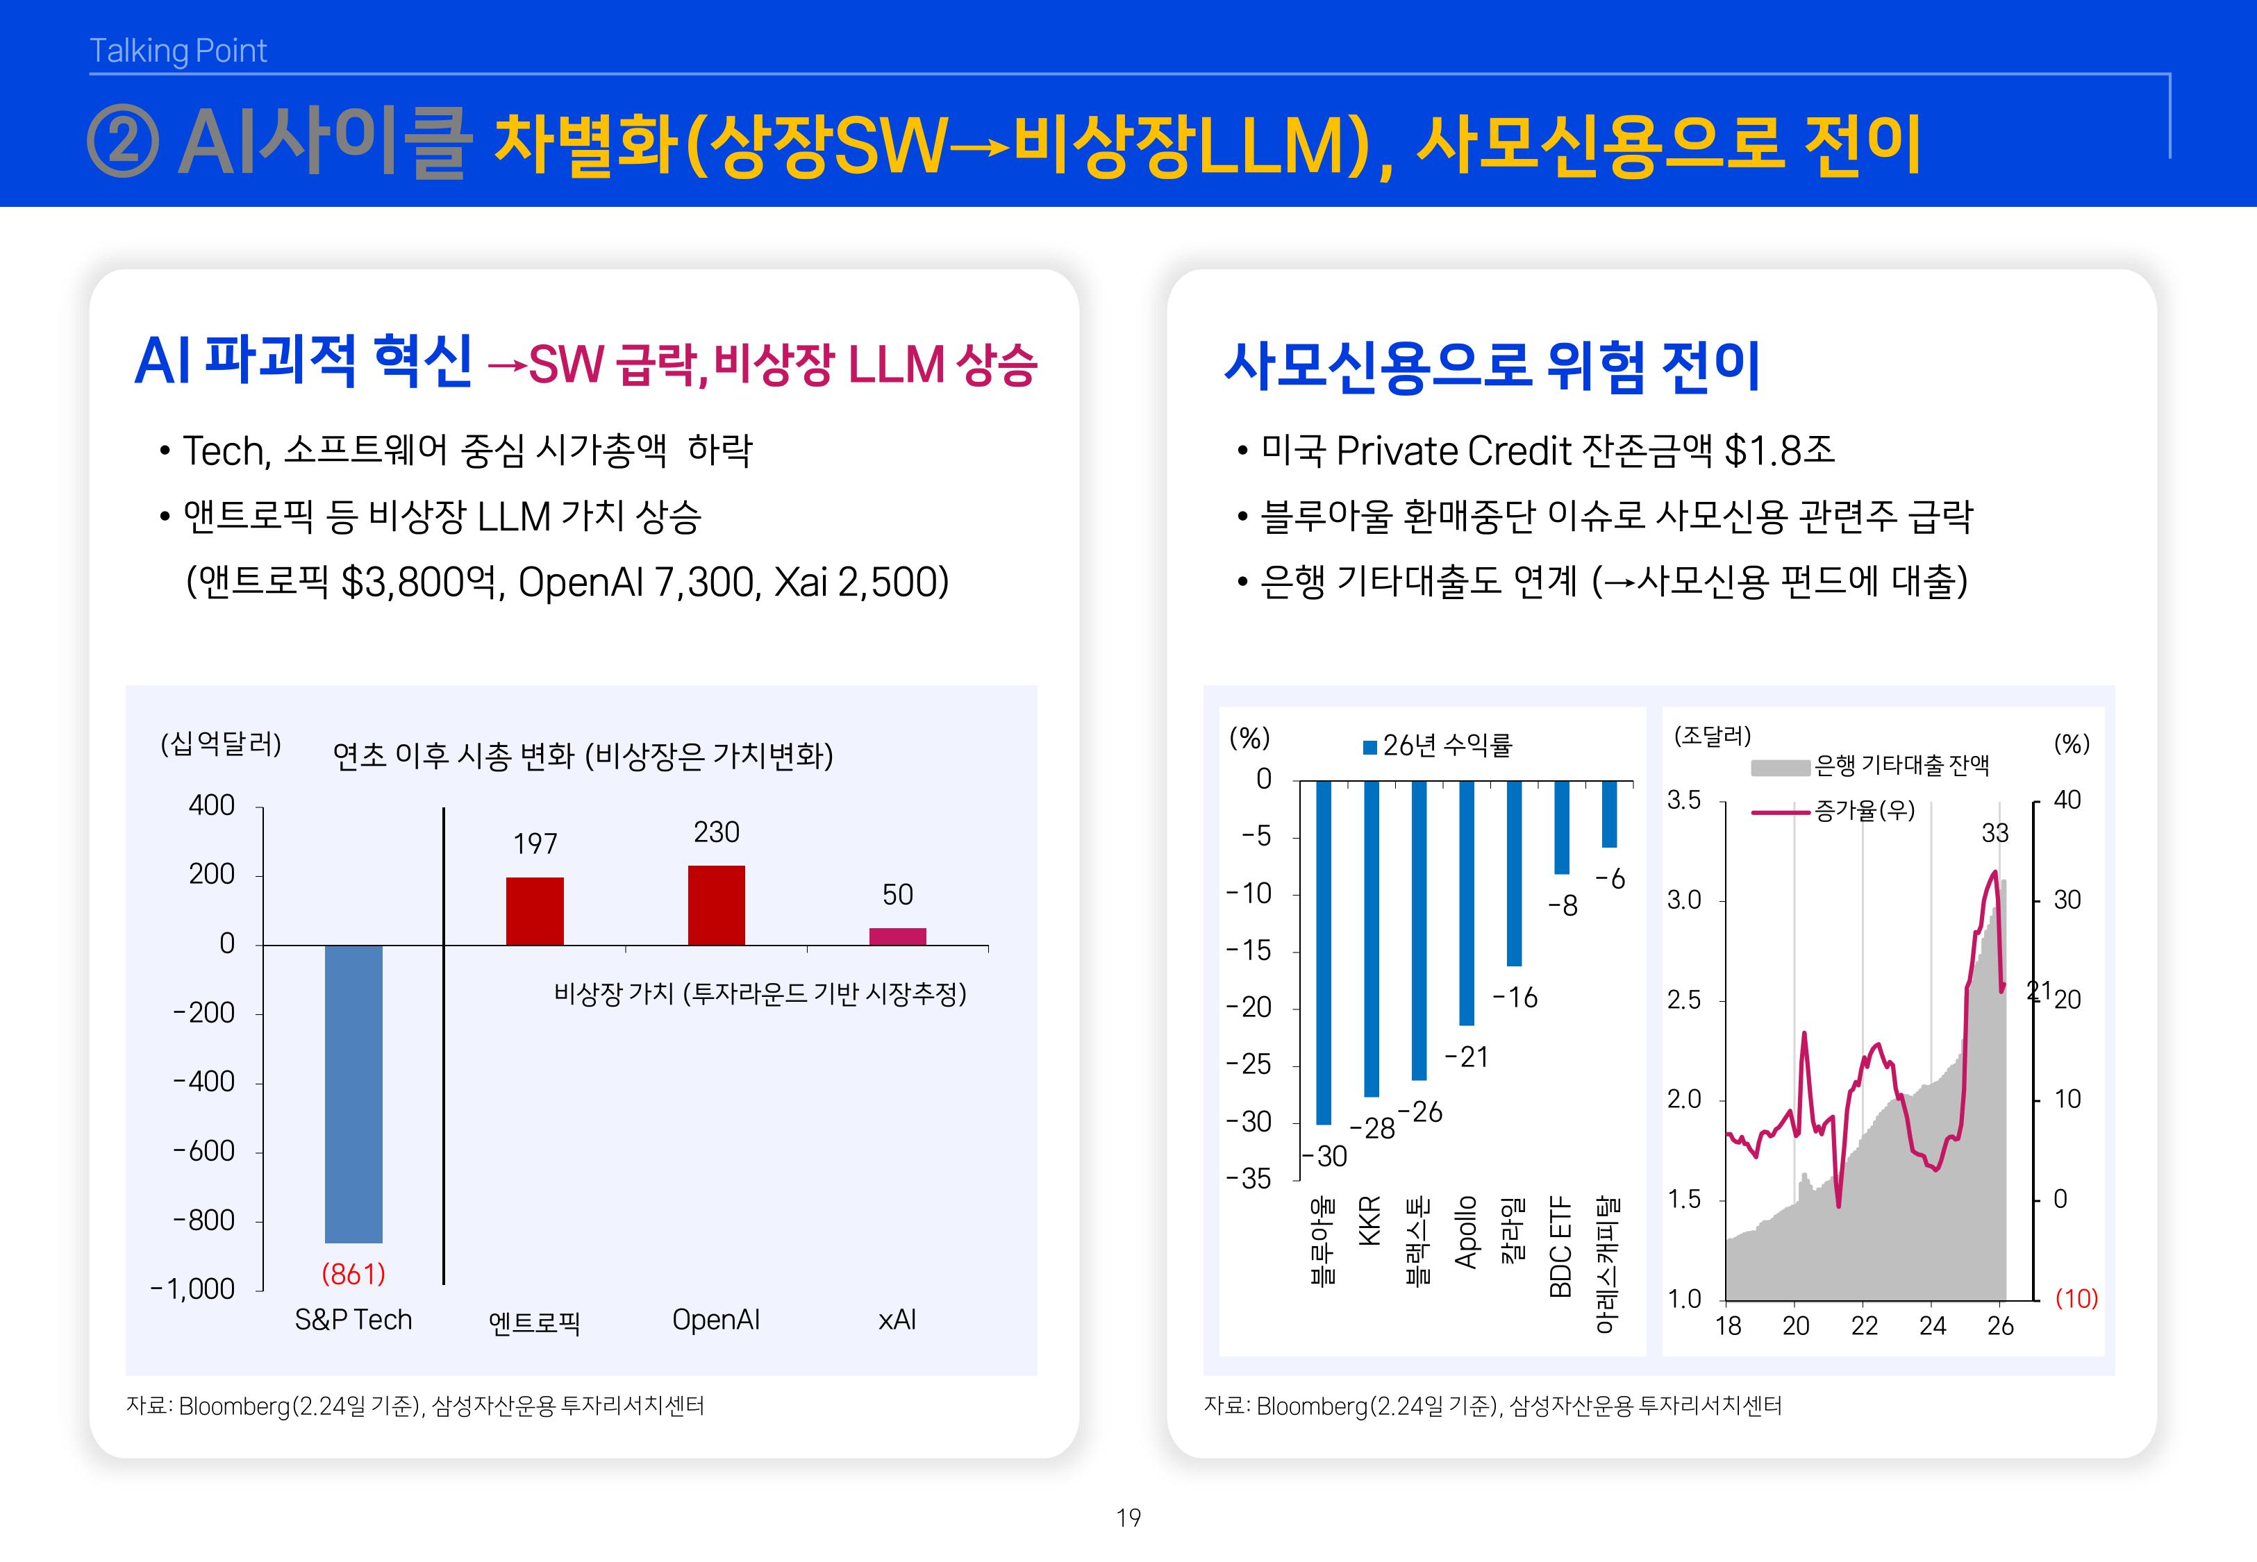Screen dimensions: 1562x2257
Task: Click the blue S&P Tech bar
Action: click(353, 1093)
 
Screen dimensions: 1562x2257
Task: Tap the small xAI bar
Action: click(897, 937)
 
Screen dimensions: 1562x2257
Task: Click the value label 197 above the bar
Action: click(535, 843)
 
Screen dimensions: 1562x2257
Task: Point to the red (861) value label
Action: click(353, 1273)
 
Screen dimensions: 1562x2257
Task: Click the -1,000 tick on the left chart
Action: click(193, 1288)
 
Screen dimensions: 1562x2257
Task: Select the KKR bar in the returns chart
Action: click(1372, 938)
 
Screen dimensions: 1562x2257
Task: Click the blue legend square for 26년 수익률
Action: click(1370, 748)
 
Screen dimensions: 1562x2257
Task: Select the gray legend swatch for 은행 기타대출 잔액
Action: click(1779, 767)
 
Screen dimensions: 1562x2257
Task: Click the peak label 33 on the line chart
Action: click(1994, 833)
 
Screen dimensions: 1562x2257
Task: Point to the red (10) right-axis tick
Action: click(2075, 1299)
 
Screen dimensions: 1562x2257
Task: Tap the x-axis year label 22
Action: click(1863, 1326)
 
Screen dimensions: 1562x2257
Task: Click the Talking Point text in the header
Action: click(178, 51)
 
